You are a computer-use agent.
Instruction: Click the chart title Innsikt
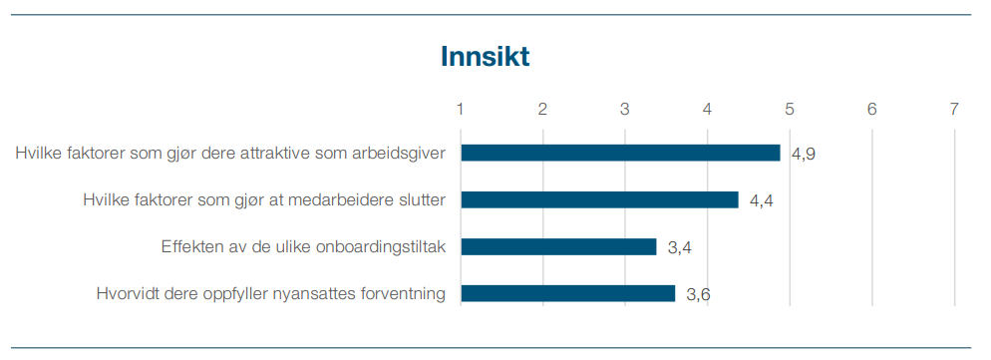pyautogui.click(x=485, y=57)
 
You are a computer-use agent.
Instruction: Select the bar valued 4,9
pyautogui.click(x=620, y=153)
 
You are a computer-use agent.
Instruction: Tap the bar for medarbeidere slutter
pyautogui.click(x=599, y=199)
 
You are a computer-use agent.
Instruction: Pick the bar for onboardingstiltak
pyautogui.click(x=558, y=246)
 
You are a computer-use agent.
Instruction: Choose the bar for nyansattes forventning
pyautogui.click(x=567, y=293)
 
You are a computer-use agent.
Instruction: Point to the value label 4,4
pyautogui.click(x=762, y=200)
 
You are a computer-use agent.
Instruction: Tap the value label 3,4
pyautogui.click(x=680, y=247)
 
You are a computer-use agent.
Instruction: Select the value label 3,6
pyautogui.click(x=698, y=294)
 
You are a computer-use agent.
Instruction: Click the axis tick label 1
pyautogui.click(x=461, y=109)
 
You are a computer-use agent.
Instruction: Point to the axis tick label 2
pyautogui.click(x=542, y=109)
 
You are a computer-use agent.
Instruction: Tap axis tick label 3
pyautogui.click(x=625, y=109)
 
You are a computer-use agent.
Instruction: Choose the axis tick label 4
pyautogui.click(x=707, y=109)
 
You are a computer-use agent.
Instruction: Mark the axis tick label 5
pyautogui.click(x=790, y=109)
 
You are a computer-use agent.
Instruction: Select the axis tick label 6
pyautogui.click(x=871, y=109)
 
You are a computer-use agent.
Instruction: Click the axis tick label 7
pyautogui.click(x=954, y=109)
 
